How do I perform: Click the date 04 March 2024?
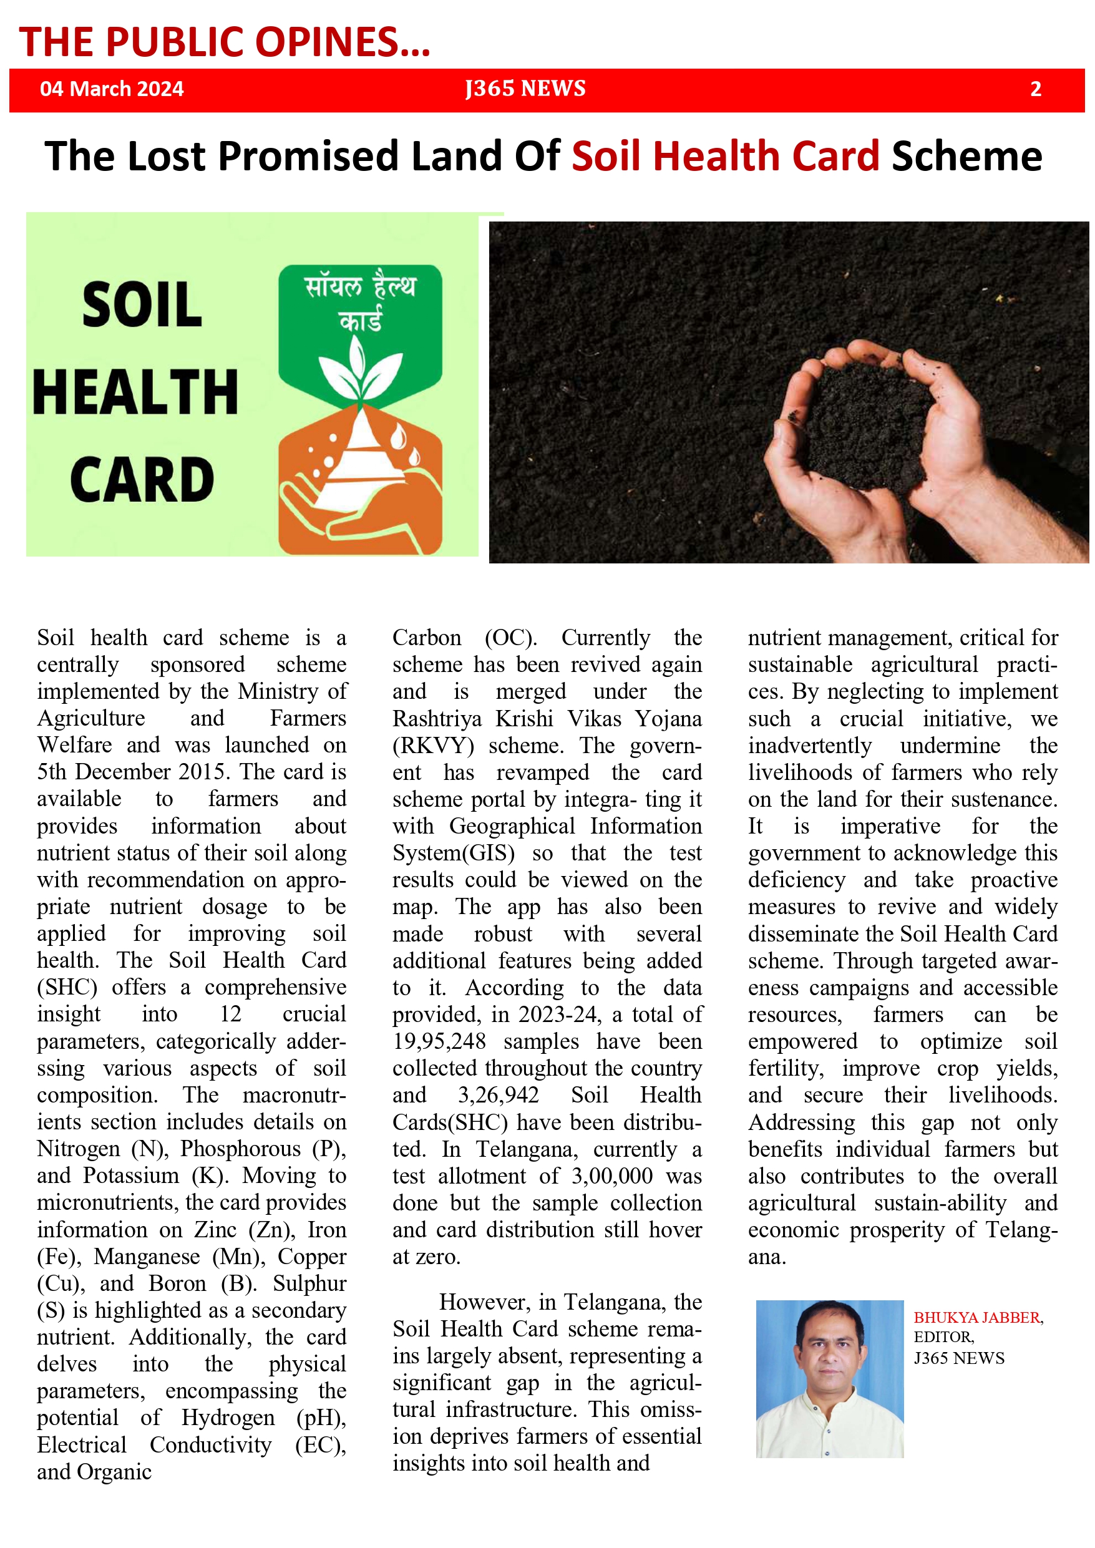pos(111,89)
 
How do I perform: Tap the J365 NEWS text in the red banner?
pos(525,89)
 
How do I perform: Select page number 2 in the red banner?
pos(1036,89)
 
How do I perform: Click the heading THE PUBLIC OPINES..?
pos(224,42)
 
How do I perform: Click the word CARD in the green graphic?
pos(142,479)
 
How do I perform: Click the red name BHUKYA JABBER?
pos(978,1317)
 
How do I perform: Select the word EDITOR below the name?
pos(943,1337)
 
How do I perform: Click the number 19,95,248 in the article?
pos(439,1041)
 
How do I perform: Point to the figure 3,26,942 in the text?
pos(499,1095)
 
